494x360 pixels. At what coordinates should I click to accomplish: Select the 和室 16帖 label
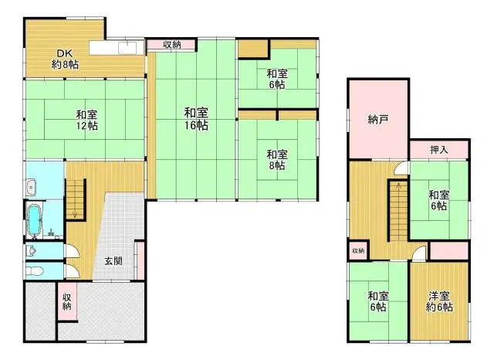pyautogui.click(x=196, y=119)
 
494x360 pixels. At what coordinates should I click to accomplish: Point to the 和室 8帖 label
pyautogui.click(x=278, y=159)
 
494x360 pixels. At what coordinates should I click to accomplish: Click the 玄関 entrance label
pyautogui.click(x=113, y=260)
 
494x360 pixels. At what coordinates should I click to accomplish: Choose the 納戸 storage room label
pyautogui.click(x=377, y=120)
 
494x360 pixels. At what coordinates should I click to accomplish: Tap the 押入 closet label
pyautogui.click(x=438, y=149)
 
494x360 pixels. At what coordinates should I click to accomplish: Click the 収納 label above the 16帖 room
pyautogui.click(x=171, y=45)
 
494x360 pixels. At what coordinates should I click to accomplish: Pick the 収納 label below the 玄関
pyautogui.click(x=67, y=301)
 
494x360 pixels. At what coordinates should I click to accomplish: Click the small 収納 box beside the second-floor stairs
pyautogui.click(x=357, y=251)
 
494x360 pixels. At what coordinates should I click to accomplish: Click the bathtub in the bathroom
pyautogui.click(x=35, y=221)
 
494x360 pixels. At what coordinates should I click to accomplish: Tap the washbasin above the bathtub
pyautogui.click(x=30, y=186)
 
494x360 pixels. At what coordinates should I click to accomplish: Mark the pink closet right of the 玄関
pyautogui.click(x=140, y=260)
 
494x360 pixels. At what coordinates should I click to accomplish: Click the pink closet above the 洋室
pyautogui.click(x=448, y=251)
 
